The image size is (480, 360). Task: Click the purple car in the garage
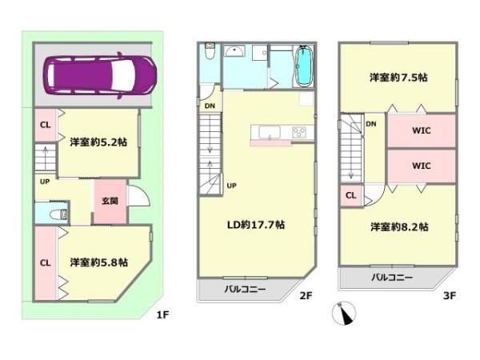click(100, 75)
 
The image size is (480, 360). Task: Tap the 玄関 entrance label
click(110, 201)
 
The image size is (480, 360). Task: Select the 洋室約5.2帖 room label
click(98, 142)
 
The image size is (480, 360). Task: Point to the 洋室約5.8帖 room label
click(98, 262)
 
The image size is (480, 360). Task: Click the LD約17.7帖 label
click(256, 225)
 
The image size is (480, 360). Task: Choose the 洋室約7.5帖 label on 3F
click(398, 77)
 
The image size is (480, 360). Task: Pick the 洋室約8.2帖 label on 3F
click(399, 227)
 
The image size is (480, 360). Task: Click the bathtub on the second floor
click(304, 66)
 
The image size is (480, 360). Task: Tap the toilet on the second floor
click(210, 51)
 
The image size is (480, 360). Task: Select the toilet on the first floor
click(58, 214)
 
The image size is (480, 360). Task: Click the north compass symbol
click(344, 313)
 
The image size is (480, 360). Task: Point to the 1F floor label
click(162, 314)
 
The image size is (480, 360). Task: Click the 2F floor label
click(306, 296)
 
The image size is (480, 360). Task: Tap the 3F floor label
click(450, 296)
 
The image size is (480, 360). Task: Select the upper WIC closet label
click(422, 130)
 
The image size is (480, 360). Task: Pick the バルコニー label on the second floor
click(245, 290)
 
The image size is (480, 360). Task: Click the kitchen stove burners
click(299, 133)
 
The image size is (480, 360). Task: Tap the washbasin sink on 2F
click(234, 51)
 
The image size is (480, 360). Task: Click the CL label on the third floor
click(351, 195)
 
